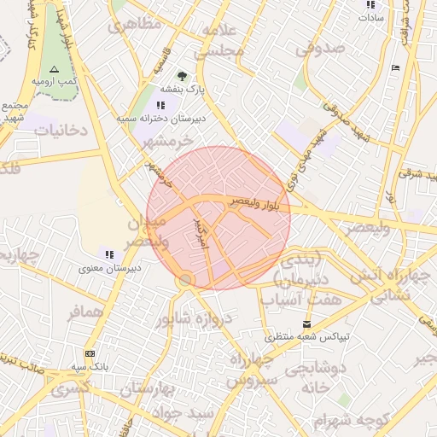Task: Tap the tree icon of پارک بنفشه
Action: coord(181,73)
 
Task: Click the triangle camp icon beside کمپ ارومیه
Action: coord(55,68)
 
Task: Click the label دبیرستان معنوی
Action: coord(109,267)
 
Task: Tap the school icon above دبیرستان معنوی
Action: coord(108,254)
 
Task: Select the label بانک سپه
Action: coord(90,365)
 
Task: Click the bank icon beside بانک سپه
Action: coord(90,353)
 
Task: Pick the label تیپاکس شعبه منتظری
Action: coord(306,336)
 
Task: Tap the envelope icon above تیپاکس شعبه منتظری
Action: coord(306,324)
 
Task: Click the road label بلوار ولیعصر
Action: coord(259,203)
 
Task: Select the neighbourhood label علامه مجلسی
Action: coord(224,40)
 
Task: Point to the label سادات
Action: coord(372,16)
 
